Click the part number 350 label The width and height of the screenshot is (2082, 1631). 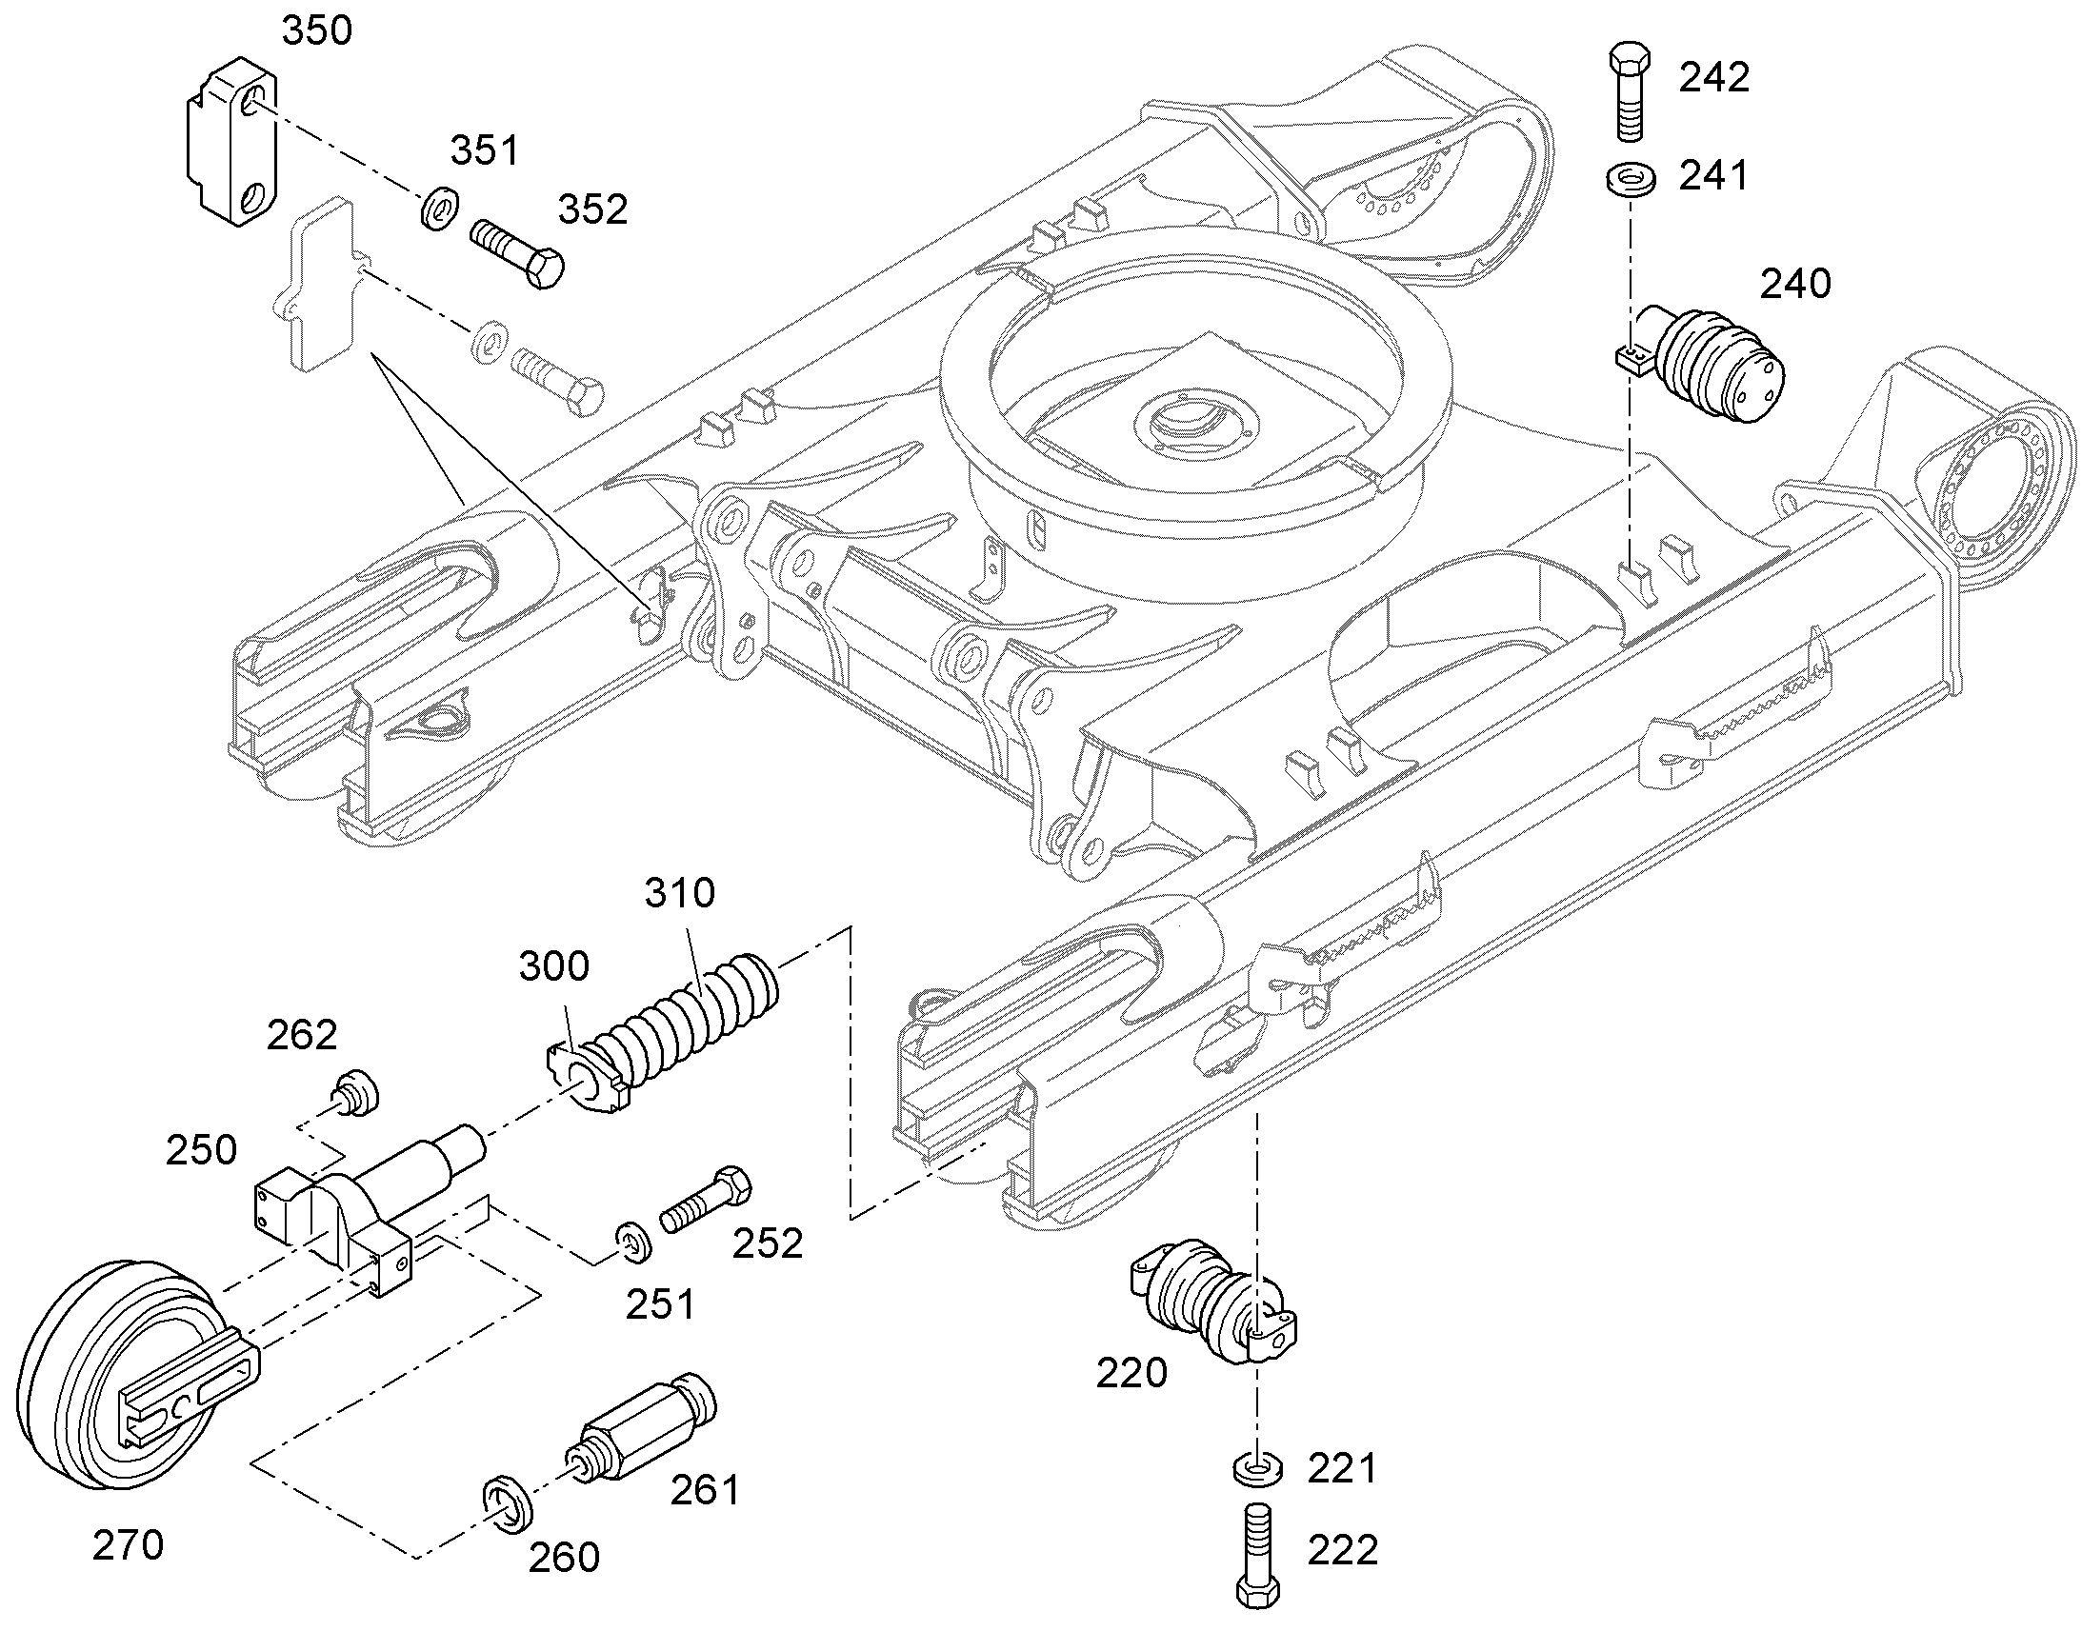point(317,31)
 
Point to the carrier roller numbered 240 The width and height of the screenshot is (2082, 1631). point(1701,364)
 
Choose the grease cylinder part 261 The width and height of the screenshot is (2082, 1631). point(642,1425)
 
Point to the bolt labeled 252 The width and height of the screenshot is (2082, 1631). point(706,1201)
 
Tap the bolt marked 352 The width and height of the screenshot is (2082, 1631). point(516,249)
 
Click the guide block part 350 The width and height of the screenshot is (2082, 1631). point(230,141)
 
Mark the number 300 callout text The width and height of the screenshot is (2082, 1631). point(554,966)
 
